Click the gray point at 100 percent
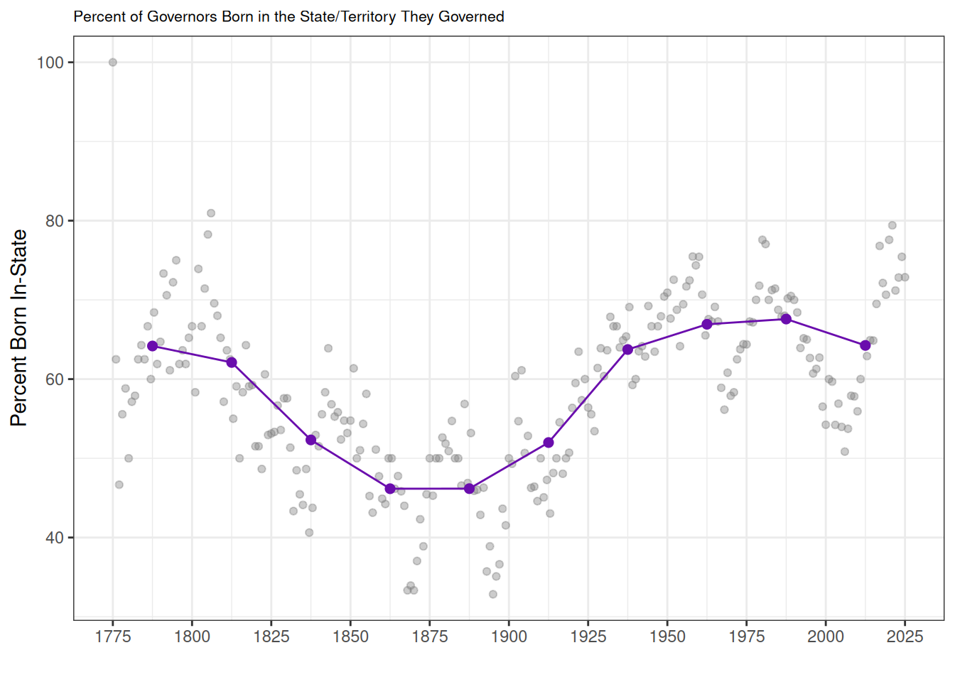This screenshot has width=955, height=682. coord(112,63)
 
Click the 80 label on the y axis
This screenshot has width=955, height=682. coord(55,221)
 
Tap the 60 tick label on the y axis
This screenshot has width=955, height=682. coord(55,379)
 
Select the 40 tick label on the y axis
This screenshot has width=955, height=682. coord(55,538)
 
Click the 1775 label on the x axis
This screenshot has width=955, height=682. coord(112,637)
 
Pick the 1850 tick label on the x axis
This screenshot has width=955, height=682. coord(350,637)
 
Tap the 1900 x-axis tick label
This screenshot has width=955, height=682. coord(509,637)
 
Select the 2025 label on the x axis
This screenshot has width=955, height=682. coord(905,637)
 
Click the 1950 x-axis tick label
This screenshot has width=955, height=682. coord(667,637)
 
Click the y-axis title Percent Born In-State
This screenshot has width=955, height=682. coord(19,328)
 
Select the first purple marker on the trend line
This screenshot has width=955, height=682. coord(152,346)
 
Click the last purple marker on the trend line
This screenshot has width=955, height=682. coord(865,345)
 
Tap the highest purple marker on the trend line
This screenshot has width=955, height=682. coord(786,319)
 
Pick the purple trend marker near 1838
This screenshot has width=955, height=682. coord(311,440)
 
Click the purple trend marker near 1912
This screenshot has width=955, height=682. coord(549,443)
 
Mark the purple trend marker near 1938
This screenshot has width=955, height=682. coord(627,350)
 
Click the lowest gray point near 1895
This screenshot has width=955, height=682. coord(493,594)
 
